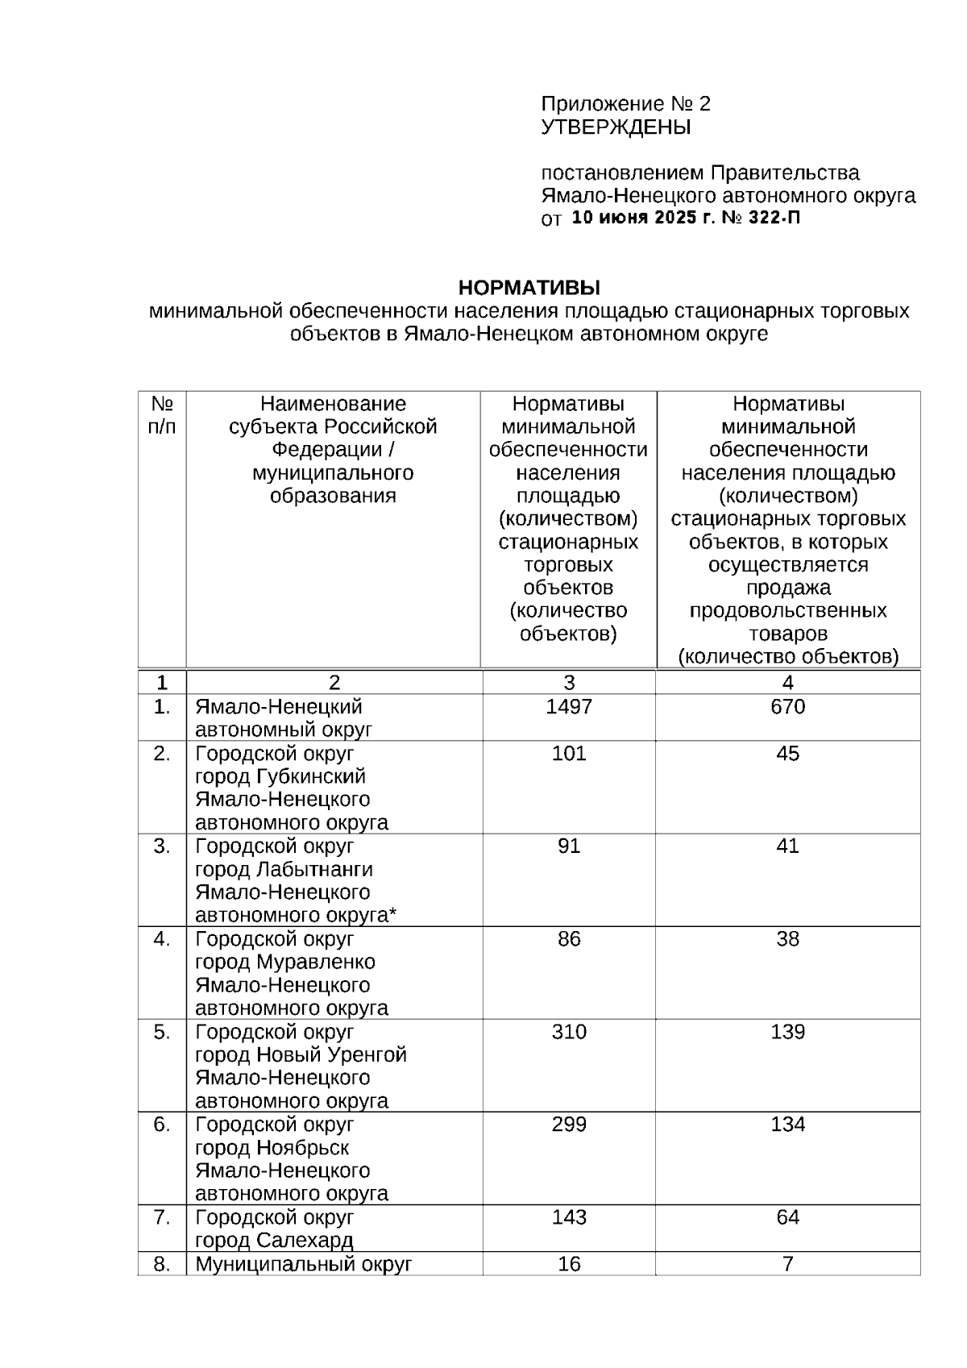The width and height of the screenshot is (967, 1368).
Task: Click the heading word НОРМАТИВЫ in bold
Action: (x=529, y=288)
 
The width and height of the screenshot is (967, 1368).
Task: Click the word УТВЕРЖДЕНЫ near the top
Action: (x=616, y=127)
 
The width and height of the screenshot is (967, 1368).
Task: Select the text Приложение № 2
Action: (x=626, y=104)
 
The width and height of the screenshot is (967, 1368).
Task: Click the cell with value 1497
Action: (x=569, y=707)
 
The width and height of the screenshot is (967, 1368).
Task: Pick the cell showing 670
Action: (x=787, y=707)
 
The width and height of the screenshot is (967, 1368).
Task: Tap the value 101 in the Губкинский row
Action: (x=569, y=754)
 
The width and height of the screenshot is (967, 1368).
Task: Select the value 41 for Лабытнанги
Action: (x=787, y=846)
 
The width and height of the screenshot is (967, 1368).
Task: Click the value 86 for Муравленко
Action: (x=569, y=939)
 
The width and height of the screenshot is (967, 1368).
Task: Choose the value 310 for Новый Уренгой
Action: (x=569, y=1032)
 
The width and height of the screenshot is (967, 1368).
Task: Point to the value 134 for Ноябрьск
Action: (x=787, y=1125)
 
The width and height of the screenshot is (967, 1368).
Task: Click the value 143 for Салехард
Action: (x=569, y=1217)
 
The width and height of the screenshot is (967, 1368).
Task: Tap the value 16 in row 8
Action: (x=569, y=1264)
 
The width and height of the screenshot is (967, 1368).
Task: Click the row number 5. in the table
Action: (x=162, y=1032)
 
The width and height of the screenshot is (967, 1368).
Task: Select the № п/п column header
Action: (x=162, y=415)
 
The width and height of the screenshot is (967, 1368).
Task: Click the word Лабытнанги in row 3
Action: (x=314, y=870)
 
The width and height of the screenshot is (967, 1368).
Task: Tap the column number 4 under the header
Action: (x=787, y=683)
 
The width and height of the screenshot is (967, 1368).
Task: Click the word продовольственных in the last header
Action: (x=787, y=610)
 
